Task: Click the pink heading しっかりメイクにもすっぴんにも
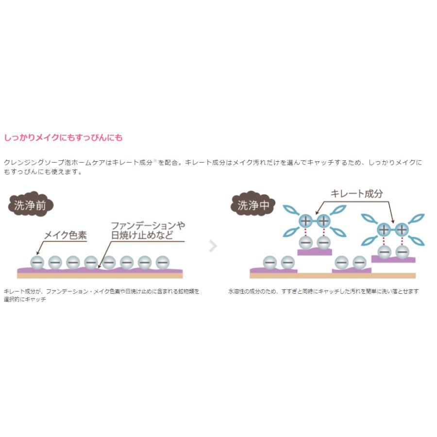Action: (63, 137)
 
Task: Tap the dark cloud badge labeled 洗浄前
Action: (31, 204)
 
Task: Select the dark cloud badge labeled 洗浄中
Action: (253, 204)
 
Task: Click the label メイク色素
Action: (66, 235)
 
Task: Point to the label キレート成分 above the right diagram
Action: (356, 193)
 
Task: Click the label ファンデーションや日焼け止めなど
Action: (148, 231)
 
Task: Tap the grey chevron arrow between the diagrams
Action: (213, 246)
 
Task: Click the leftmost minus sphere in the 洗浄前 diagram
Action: (37, 262)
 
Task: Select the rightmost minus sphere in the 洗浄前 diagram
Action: (163, 262)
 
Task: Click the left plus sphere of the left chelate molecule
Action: (306, 221)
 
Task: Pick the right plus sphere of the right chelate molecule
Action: (402, 230)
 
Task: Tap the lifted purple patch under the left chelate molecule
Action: (315, 252)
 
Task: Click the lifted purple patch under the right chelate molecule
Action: (393, 259)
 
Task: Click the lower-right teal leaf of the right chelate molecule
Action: (417, 241)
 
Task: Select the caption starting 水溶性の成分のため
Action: (323, 291)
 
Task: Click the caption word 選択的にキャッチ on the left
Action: (25, 299)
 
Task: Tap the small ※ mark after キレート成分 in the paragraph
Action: (155, 160)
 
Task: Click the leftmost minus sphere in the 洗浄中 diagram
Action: (270, 262)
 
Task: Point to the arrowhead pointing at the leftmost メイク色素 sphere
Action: (38, 253)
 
